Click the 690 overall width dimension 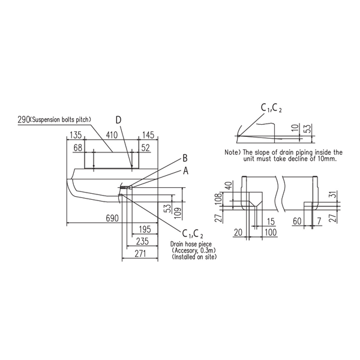coord(112,218)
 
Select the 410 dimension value coord(112,135)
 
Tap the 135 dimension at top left coord(76,135)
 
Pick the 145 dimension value coord(148,135)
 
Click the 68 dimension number coord(78,148)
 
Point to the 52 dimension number coord(146,148)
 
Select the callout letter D coord(118,120)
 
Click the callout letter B coord(185,158)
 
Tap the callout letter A coord(185,170)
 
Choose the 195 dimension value coord(145,229)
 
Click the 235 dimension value coord(142,242)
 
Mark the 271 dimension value coord(140,254)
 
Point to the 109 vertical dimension coord(178,213)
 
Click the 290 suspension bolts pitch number coord(23,119)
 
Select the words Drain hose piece coord(191,244)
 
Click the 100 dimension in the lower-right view coord(271,232)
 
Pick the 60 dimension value coord(297,221)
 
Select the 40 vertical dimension coord(229,185)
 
